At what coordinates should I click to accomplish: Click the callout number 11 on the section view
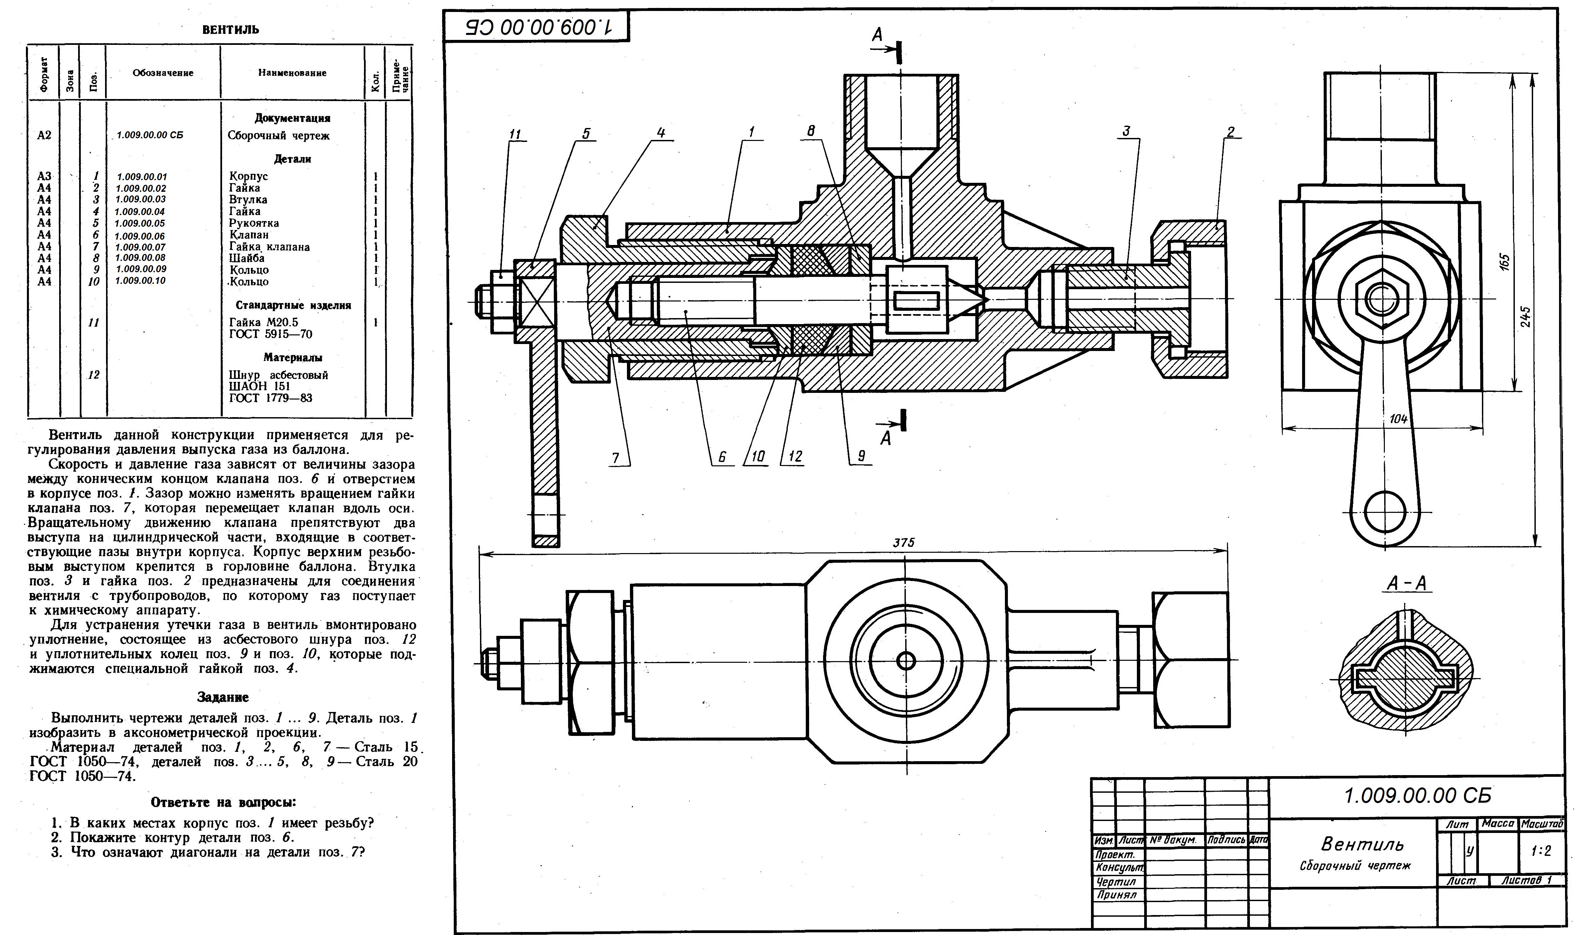pos(516,134)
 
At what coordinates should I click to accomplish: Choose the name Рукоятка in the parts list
pos(254,223)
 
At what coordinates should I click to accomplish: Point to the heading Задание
pos(223,697)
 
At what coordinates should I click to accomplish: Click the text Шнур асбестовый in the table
pos(279,375)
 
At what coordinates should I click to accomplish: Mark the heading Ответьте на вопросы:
pos(223,802)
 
